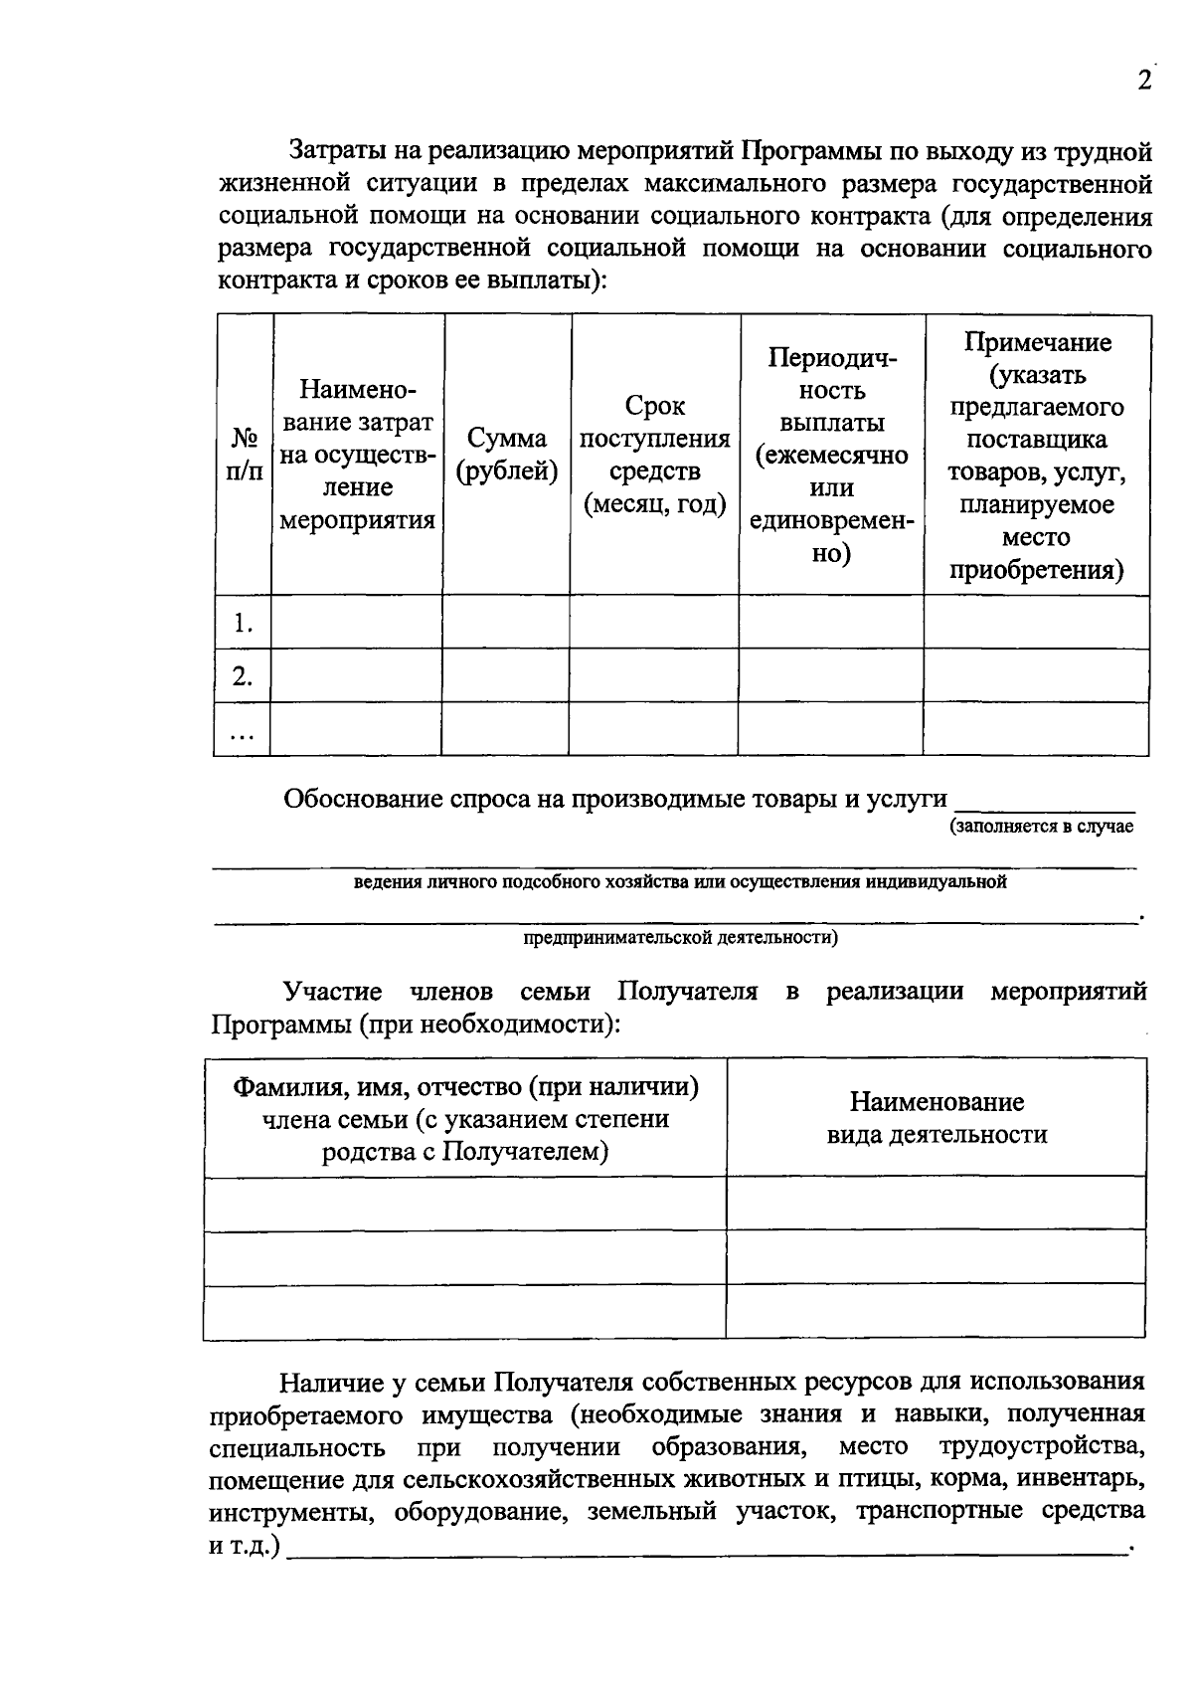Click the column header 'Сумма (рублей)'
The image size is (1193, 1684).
click(506, 455)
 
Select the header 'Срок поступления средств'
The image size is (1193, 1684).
click(654, 455)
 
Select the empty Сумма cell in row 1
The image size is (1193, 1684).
click(506, 623)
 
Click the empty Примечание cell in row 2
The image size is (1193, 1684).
click(1037, 676)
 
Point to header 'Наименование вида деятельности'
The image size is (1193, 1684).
click(937, 1118)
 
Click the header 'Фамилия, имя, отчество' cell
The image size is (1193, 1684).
click(465, 1118)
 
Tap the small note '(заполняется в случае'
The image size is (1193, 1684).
click(1041, 827)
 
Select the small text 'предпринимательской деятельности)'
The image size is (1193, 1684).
click(680, 937)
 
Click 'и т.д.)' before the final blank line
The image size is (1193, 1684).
click(245, 1548)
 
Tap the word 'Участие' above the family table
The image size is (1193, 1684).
click(332, 992)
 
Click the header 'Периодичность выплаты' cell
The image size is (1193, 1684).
click(831, 455)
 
